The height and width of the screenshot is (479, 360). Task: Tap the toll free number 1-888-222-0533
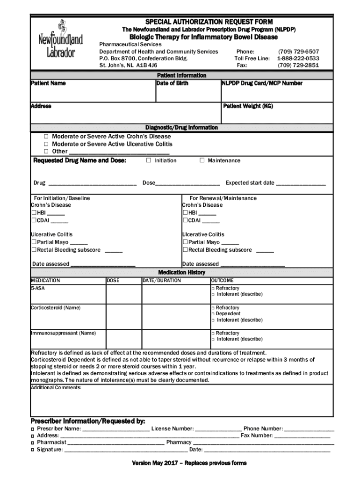click(298, 58)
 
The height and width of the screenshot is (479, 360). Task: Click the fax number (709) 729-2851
click(298, 65)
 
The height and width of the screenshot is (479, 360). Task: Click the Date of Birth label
click(173, 83)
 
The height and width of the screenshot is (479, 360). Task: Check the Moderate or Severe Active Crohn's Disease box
click(46, 137)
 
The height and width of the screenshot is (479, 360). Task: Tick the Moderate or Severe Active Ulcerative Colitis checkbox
click(46, 144)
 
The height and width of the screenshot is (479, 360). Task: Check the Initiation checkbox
click(149, 160)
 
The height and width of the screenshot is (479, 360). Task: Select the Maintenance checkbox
click(202, 160)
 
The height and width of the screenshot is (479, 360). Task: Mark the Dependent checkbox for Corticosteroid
click(213, 314)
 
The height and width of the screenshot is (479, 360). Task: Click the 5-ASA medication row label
click(38, 289)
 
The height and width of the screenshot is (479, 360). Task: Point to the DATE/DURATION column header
click(162, 281)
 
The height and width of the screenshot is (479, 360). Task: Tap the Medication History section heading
click(181, 272)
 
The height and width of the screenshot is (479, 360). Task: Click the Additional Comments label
click(56, 388)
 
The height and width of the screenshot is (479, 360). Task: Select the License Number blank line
click(218, 429)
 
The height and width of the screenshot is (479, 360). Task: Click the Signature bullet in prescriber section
click(32, 450)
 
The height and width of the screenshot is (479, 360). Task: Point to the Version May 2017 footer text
click(189, 463)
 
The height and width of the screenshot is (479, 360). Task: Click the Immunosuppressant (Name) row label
click(63, 333)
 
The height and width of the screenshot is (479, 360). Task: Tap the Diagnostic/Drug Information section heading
click(181, 127)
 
